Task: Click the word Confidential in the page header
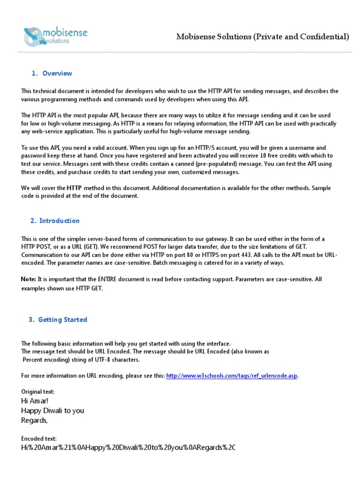tap(324, 37)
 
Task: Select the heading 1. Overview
tap(52, 73)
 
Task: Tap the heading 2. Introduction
tap(55, 221)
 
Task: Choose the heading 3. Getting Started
tap(58, 320)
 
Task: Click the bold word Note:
tap(29, 279)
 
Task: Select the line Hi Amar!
tap(35, 401)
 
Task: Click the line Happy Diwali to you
tap(52, 411)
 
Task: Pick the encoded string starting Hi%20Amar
tap(128, 448)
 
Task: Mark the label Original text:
tap(38, 391)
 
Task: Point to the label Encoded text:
tap(39, 438)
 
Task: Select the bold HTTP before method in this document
tap(74, 188)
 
